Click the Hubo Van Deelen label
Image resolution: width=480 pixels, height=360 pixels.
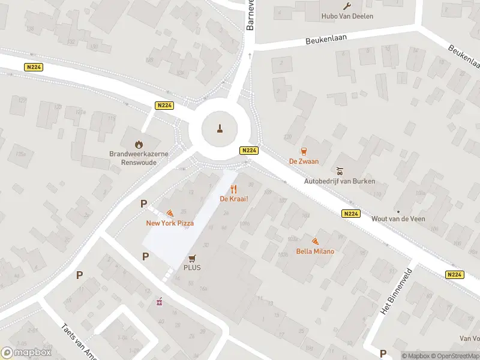(x=348, y=16)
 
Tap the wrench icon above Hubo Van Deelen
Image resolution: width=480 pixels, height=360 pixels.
(x=347, y=5)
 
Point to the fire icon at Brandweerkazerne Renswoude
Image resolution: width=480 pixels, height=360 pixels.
(x=139, y=144)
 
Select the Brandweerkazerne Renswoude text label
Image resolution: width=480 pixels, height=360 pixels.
(x=139, y=158)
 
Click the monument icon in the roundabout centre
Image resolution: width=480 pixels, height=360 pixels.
(x=220, y=128)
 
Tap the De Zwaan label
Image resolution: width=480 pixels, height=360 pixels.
(x=304, y=161)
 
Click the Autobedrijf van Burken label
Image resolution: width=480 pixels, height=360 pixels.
(x=340, y=181)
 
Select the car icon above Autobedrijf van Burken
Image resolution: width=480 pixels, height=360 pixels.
(x=340, y=170)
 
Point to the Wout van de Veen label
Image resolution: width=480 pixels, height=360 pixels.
(x=398, y=219)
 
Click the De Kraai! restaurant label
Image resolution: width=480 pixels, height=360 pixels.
(x=234, y=199)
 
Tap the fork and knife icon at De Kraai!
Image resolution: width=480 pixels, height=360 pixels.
(x=234, y=188)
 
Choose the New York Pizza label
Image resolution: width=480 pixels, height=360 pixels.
(x=170, y=223)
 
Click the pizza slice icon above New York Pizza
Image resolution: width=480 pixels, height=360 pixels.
(x=170, y=213)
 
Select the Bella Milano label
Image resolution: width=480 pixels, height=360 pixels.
(x=315, y=251)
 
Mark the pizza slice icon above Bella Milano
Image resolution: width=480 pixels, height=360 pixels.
(x=315, y=241)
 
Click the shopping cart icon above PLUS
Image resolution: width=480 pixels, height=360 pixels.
(x=192, y=258)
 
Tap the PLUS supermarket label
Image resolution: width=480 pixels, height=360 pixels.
(x=192, y=268)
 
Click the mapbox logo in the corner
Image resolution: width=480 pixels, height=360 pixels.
(x=27, y=353)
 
